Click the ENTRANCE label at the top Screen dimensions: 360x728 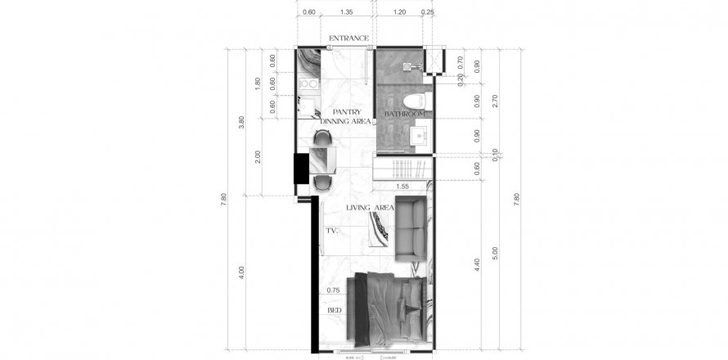click(348, 38)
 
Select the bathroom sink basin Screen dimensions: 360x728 click(420, 133)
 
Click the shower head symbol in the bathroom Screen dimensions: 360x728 click(419, 65)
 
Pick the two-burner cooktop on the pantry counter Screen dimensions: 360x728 click(308, 83)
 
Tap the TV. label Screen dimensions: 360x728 click(331, 232)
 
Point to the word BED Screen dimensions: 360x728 click(334, 311)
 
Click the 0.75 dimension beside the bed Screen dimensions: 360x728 click(332, 290)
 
